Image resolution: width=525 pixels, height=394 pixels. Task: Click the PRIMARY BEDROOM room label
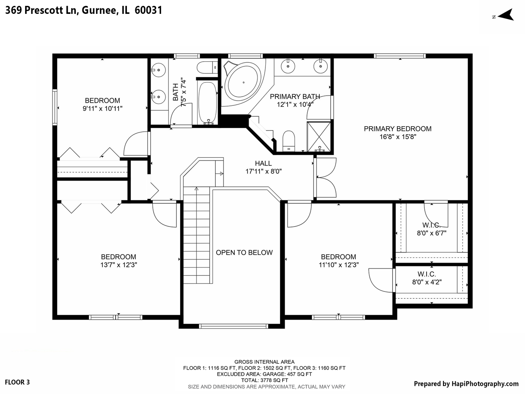point(397,129)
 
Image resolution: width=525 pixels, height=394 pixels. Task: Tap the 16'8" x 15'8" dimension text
point(397,137)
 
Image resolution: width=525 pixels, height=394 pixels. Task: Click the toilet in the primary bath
point(289,140)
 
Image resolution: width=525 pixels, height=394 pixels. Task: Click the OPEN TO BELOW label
point(244,252)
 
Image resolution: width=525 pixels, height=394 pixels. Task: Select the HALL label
point(263,163)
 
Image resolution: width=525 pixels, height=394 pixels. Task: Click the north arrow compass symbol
point(505,15)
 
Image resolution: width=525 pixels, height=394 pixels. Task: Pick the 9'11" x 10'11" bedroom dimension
point(102,109)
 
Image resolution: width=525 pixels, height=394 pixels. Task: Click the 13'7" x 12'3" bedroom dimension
point(118,265)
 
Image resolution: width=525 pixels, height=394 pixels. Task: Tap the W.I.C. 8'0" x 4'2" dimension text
point(427,282)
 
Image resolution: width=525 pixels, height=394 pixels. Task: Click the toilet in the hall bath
point(206,68)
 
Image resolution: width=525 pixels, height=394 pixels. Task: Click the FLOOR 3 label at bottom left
point(17,382)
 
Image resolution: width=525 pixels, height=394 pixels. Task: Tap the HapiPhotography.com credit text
point(466,383)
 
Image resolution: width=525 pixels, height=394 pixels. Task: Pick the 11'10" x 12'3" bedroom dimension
point(339,265)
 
